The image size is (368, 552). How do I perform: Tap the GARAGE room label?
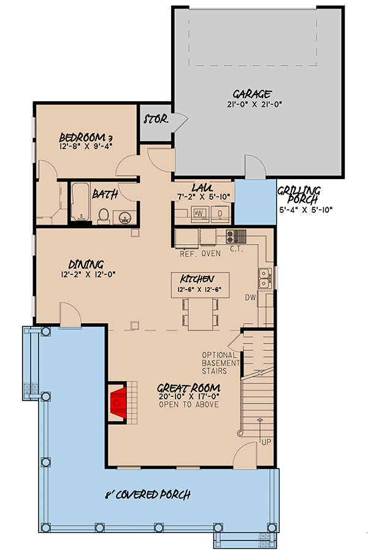coord(252,94)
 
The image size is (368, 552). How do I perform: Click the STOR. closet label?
coord(156,119)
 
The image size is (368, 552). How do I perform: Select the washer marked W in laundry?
coord(198,213)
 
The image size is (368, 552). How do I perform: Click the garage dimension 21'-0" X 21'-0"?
coord(252,104)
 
